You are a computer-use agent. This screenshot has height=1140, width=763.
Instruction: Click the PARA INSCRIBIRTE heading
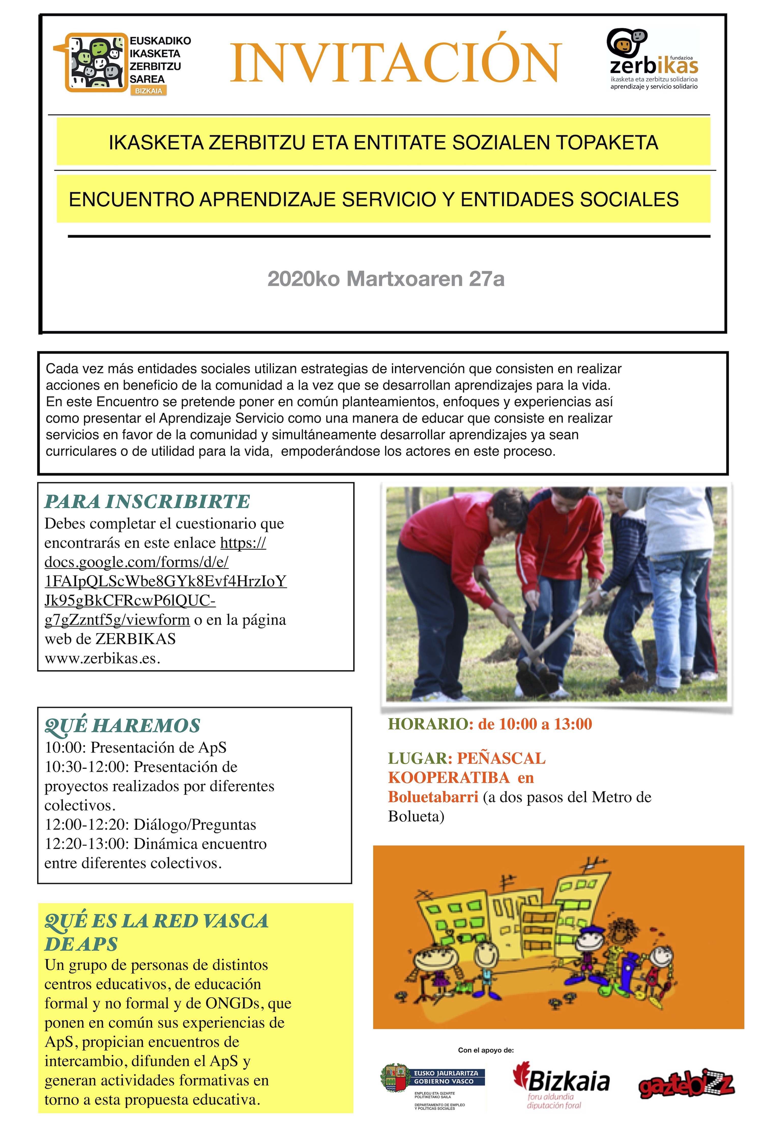pyautogui.click(x=147, y=501)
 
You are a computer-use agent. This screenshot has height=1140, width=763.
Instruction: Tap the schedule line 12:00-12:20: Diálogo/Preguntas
pyautogui.click(x=150, y=824)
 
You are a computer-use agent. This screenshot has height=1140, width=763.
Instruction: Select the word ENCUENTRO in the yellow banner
pyautogui.click(x=131, y=199)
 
